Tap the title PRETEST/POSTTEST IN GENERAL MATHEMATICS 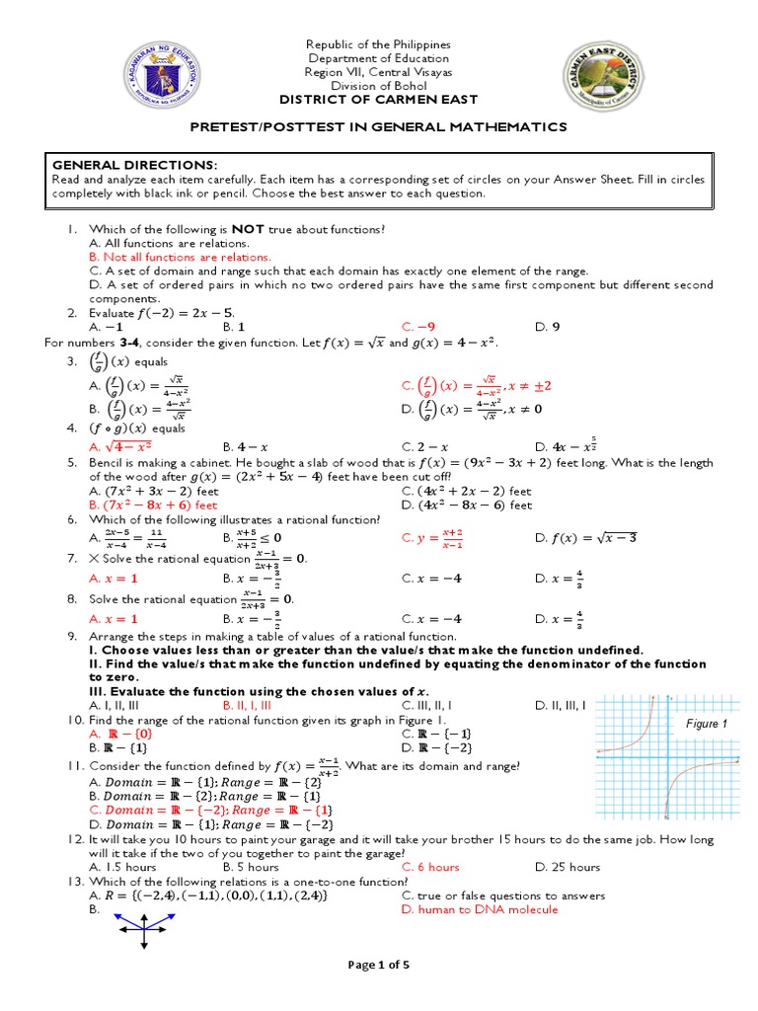click(378, 126)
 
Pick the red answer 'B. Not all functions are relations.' click(180, 257)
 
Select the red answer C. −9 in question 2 click(418, 326)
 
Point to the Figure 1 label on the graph click(706, 724)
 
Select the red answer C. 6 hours click(430, 867)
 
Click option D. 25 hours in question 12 click(568, 867)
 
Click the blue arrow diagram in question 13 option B click(145, 928)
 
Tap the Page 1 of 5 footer click(378, 964)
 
